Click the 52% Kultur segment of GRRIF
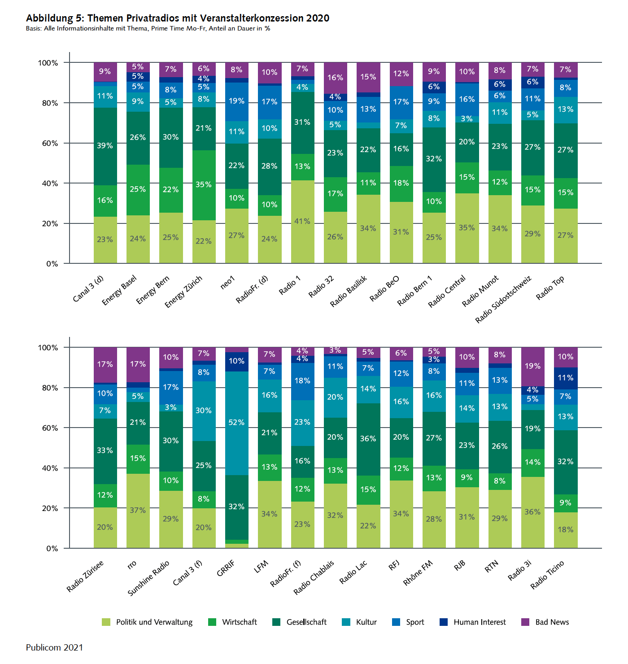(x=236, y=423)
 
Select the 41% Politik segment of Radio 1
(x=302, y=222)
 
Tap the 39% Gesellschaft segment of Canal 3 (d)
(x=105, y=146)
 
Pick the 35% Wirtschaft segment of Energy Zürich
(x=204, y=185)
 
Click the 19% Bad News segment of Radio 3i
(x=532, y=367)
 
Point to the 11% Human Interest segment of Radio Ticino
(x=565, y=378)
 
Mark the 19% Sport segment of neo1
(x=236, y=101)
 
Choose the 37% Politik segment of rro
(x=138, y=511)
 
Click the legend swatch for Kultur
(x=346, y=622)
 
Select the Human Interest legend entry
(x=479, y=622)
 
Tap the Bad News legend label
(x=552, y=622)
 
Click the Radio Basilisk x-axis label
(x=349, y=292)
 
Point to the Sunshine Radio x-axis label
(x=149, y=578)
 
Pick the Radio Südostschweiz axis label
(x=503, y=299)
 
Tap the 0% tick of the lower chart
(x=52, y=548)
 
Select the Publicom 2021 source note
(x=54, y=647)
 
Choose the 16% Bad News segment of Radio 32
(x=335, y=78)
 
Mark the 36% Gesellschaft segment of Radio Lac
(x=368, y=439)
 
